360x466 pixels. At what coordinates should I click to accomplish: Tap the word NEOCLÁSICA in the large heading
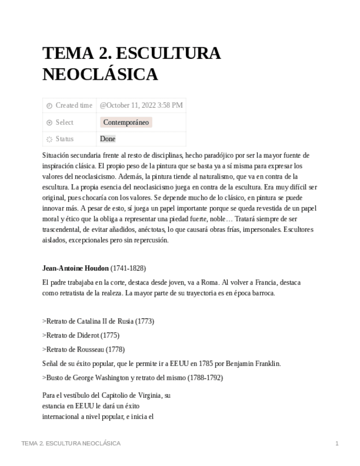pos(100,74)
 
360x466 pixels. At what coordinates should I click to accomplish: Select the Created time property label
pos(74,106)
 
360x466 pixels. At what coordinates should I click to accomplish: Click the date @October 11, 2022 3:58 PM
pos(141,106)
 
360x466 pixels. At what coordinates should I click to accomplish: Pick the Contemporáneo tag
pos(126,123)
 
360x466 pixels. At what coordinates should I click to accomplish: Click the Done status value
pos(108,139)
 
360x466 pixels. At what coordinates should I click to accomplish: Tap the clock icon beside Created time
pos(49,106)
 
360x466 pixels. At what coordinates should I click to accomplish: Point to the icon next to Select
pos(49,123)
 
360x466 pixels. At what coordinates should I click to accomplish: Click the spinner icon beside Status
pos(49,139)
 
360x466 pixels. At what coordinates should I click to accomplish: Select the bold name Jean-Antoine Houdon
pos(75,268)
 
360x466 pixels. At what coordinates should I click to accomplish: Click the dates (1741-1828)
pos(128,268)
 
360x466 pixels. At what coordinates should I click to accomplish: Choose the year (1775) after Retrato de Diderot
pos(110,335)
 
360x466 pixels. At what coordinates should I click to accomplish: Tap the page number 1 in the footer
pos(336,443)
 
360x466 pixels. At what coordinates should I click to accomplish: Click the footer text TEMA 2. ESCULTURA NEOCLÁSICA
pos(71,443)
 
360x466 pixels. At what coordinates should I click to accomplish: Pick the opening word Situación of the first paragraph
pos(57,156)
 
